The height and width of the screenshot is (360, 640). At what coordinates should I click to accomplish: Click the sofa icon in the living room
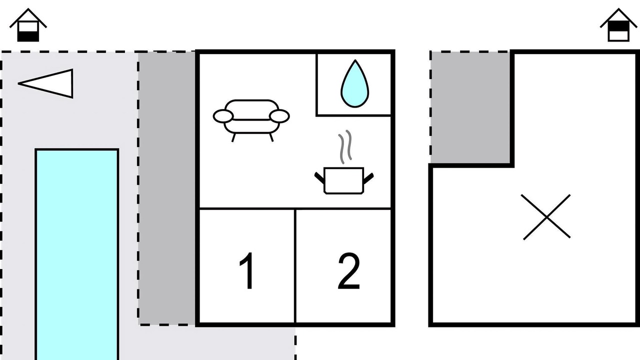(x=251, y=120)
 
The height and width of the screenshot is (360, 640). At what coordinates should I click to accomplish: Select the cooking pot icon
(x=344, y=181)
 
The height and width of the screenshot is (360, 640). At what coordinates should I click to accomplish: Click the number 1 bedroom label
(x=247, y=271)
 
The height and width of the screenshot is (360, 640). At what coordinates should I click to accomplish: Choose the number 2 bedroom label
(x=349, y=271)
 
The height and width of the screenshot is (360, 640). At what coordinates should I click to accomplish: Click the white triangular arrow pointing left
(x=45, y=83)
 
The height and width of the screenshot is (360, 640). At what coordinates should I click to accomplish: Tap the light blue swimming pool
(x=77, y=254)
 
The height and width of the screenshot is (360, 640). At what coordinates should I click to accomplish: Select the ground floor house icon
(x=28, y=25)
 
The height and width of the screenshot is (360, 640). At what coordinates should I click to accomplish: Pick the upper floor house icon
(x=618, y=25)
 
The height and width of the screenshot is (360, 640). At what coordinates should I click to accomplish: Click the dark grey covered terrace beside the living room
(x=167, y=188)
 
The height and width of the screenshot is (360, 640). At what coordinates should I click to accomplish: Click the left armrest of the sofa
(x=223, y=116)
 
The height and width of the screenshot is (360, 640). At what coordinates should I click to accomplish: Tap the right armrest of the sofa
(x=279, y=116)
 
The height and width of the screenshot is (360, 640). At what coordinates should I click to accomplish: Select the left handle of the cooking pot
(x=319, y=177)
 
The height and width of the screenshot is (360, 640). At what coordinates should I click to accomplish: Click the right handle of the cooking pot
(x=368, y=177)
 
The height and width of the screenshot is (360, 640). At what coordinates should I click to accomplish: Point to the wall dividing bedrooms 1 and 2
(x=295, y=266)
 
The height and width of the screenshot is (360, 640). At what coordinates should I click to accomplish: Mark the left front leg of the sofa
(x=233, y=137)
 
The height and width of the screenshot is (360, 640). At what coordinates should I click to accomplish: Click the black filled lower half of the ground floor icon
(x=28, y=36)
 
